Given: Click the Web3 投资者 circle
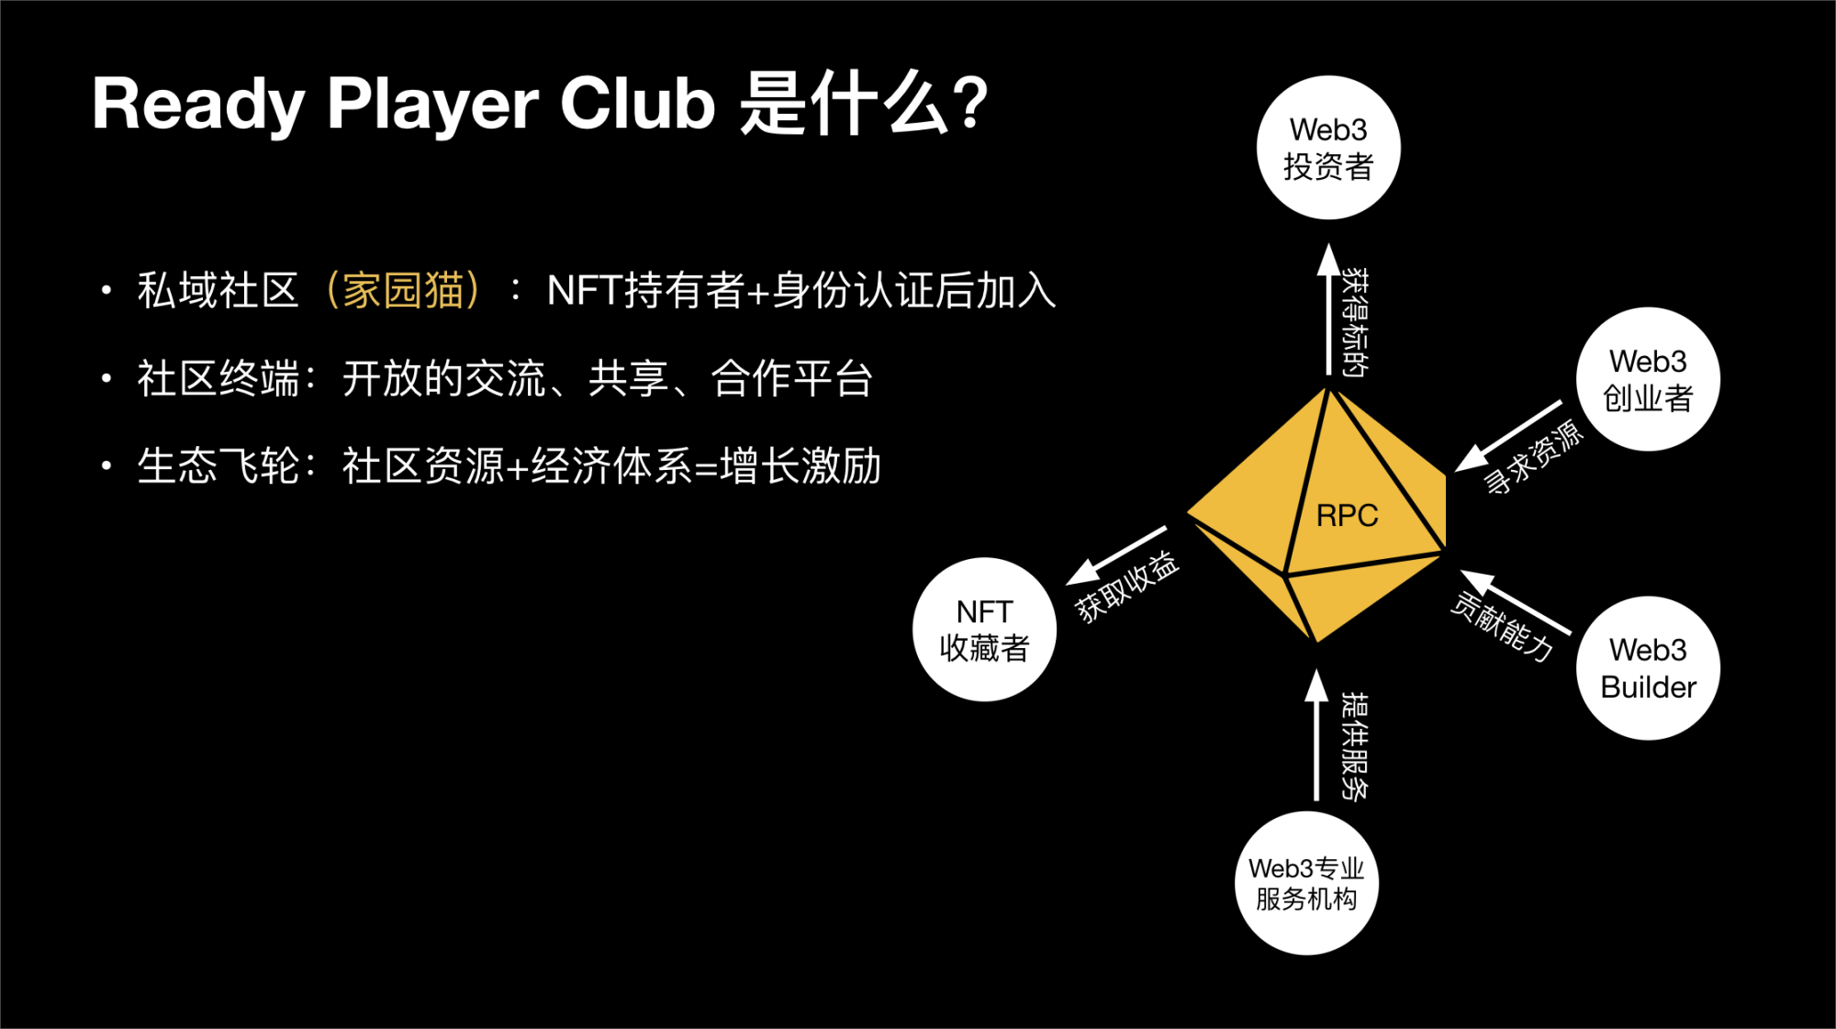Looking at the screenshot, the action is [1328, 148].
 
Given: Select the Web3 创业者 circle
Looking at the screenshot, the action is [1648, 379].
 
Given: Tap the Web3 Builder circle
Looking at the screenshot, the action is [1648, 668].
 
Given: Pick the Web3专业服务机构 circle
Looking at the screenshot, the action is [1306, 883].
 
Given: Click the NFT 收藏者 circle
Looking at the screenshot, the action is [984, 630].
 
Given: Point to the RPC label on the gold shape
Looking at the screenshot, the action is [1347, 516].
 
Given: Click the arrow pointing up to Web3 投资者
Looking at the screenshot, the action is [1328, 309].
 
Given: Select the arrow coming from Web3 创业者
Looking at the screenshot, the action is [1508, 436].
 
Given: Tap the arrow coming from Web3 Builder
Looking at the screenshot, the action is [1515, 601].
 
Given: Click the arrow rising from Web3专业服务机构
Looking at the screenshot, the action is [1316, 734].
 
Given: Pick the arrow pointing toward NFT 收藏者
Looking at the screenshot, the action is [1115, 555].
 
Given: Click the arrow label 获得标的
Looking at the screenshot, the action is [1355, 323].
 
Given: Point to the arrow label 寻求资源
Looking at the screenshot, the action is [1533, 457].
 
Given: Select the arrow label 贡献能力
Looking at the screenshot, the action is [1503, 627].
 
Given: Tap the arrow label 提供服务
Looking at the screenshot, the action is [1355, 746].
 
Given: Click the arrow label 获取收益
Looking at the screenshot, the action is [1126, 587].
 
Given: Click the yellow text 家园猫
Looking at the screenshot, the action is [403, 291].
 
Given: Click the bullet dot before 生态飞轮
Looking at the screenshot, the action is [106, 466].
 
